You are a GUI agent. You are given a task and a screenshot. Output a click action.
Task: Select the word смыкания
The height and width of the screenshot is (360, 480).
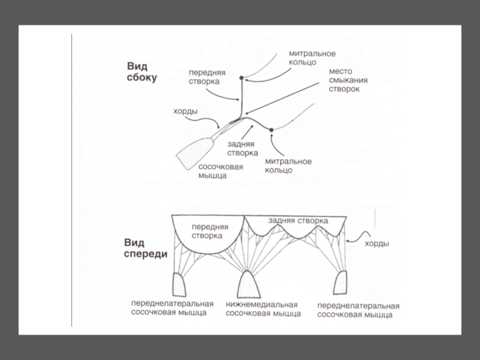pos(347,80)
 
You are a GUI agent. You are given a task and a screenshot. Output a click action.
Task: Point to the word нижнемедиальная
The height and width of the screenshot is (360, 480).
pos(262,305)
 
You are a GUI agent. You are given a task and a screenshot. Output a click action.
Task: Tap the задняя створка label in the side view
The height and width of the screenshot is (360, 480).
pos(241,149)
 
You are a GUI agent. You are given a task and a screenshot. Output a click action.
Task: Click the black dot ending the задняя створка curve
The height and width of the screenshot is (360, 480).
pos(271,130)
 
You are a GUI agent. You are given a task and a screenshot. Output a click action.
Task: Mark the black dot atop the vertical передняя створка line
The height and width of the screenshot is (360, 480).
pos(241,78)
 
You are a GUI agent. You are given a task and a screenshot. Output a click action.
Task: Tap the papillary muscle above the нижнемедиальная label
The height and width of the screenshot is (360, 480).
pos(249,284)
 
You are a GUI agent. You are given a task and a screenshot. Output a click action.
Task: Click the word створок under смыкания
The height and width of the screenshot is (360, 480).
pos(344,89)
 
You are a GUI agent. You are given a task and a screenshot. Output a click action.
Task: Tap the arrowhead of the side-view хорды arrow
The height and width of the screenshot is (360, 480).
pos(221,127)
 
